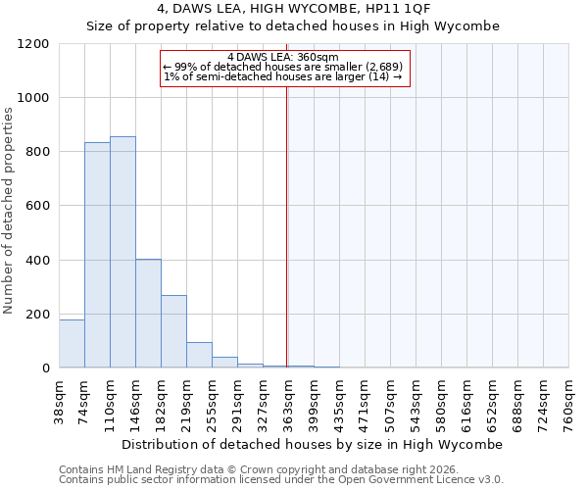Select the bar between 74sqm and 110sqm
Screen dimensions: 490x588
pos(97,255)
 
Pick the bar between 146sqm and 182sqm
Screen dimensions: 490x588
pos(148,314)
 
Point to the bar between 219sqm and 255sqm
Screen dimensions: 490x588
pos(199,355)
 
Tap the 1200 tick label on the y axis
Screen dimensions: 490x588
pos(35,44)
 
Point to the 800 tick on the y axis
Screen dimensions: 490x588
pos(39,152)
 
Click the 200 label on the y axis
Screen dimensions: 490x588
pos(39,315)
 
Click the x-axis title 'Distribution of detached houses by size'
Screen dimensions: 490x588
pos(313,444)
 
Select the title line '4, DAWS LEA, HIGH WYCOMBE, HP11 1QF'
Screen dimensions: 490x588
pos(293,10)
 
